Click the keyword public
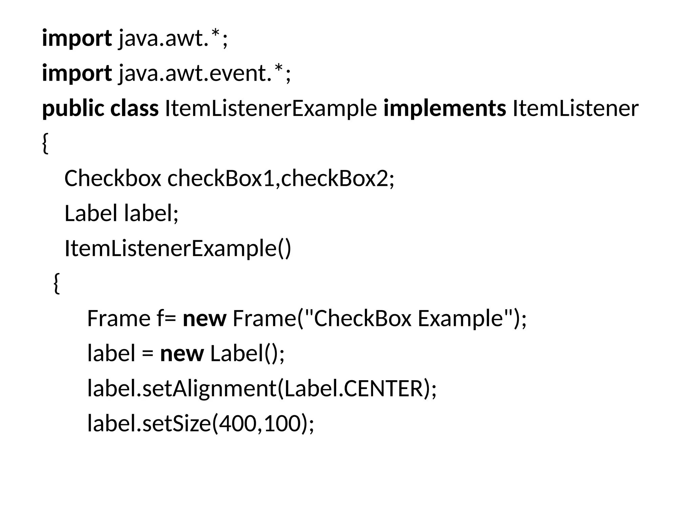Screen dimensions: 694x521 (x=73, y=109)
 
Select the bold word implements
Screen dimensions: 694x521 (x=445, y=109)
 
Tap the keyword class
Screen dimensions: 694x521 (x=135, y=109)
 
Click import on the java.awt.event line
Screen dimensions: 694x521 (x=77, y=74)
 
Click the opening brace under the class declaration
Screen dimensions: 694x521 (x=45, y=143)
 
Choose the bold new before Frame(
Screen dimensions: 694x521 (x=204, y=319)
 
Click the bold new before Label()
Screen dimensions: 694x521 (x=182, y=353)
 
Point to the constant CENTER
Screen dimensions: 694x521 (x=385, y=388)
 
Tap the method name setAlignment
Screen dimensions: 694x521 (x=209, y=388)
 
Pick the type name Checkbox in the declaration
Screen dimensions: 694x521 (x=113, y=178)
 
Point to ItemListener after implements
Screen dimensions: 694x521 (x=575, y=109)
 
